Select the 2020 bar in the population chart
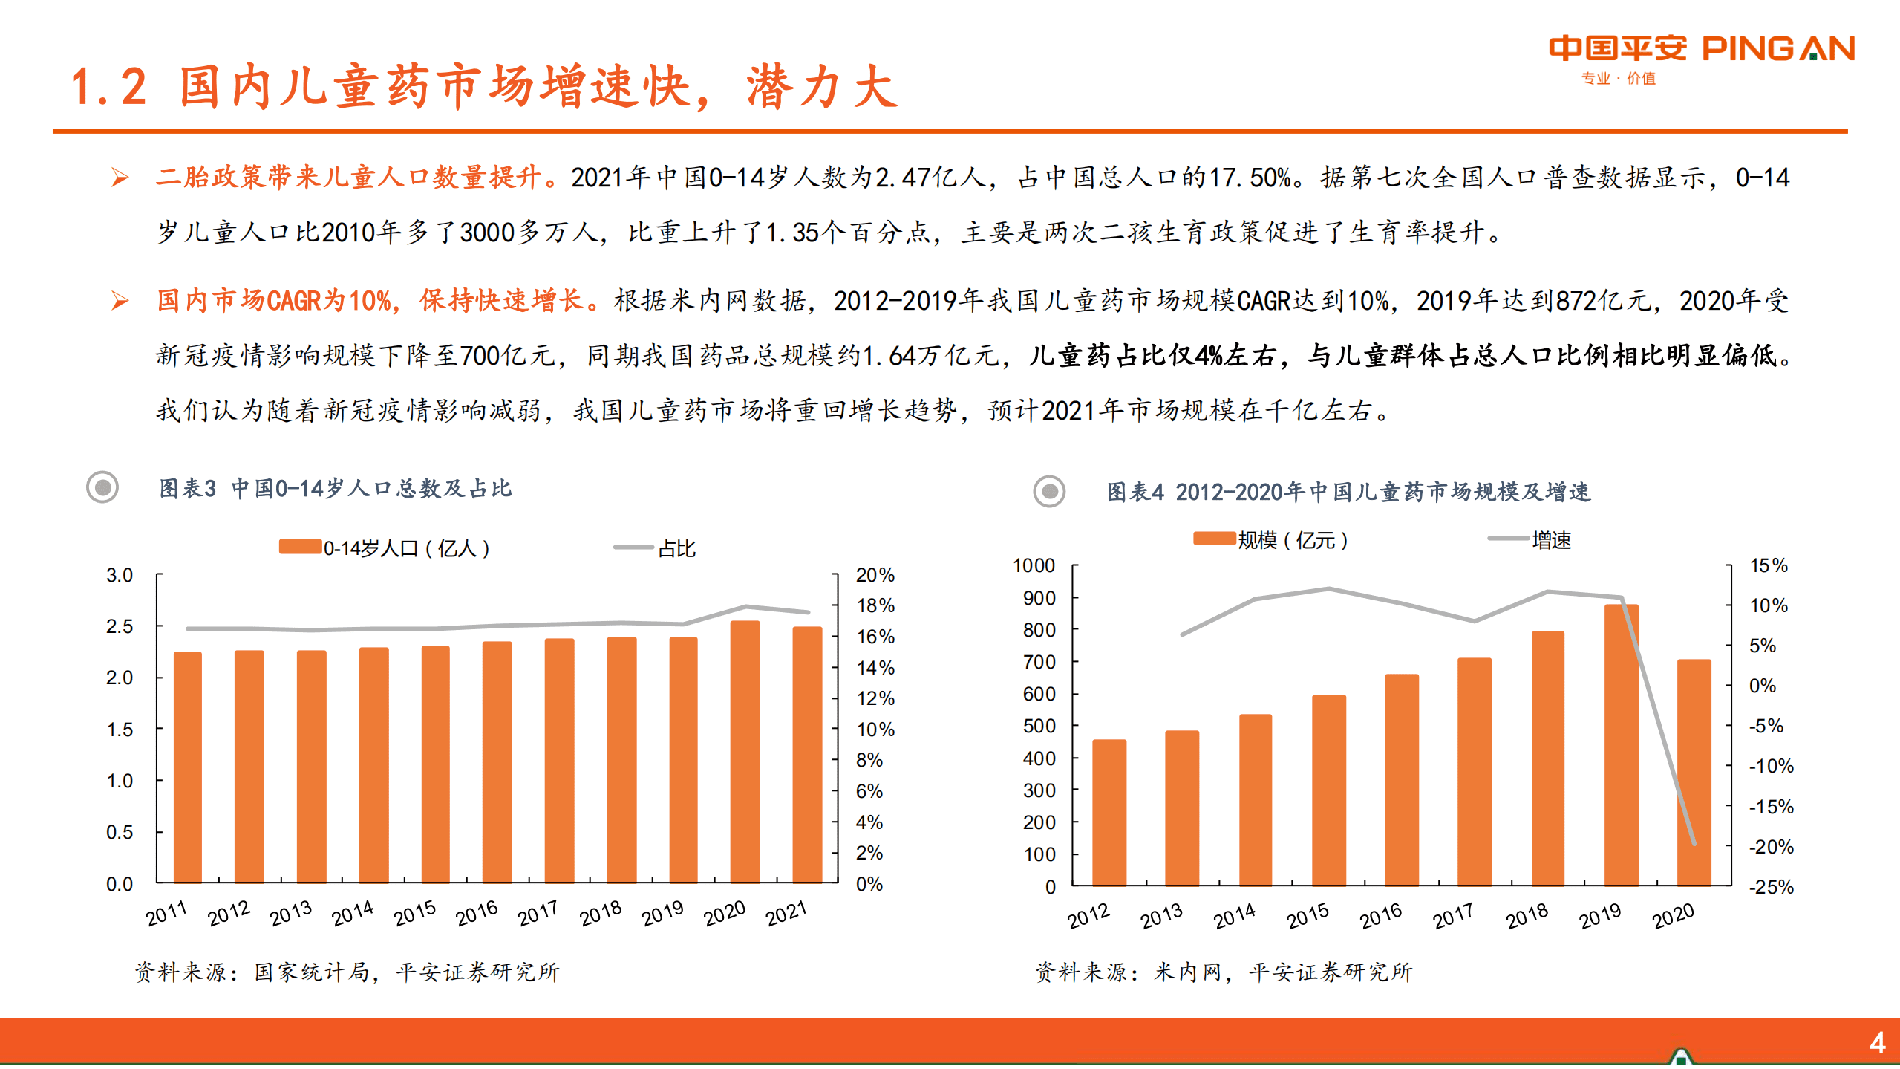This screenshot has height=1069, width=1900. pyautogui.click(x=745, y=751)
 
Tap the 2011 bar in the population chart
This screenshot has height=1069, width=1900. pyautogui.click(x=188, y=767)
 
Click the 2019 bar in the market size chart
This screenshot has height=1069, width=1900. pyautogui.click(x=1621, y=744)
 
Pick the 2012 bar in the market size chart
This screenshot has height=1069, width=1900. pyautogui.click(x=1109, y=812)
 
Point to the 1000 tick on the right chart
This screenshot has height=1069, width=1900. pyautogui.click(x=1034, y=565)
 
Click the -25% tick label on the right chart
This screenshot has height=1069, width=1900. pyautogui.click(x=1771, y=887)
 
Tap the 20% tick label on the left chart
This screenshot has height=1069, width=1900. pyautogui.click(x=875, y=575)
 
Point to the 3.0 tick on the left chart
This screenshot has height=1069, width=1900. pyautogui.click(x=120, y=575)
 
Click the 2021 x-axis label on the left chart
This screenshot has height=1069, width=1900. pyautogui.click(x=786, y=913)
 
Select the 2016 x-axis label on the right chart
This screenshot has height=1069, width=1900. pyautogui.click(x=1380, y=916)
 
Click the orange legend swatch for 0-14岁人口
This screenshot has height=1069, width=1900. pyautogui.click(x=300, y=548)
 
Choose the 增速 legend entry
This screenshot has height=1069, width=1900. pyautogui.click(x=1550, y=540)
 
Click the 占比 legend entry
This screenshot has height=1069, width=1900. pyautogui.click(x=676, y=548)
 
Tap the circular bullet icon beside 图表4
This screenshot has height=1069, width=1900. pyautogui.click(x=1049, y=491)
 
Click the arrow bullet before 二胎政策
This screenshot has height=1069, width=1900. pyautogui.click(x=120, y=178)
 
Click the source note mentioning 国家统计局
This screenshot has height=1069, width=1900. pyautogui.click(x=347, y=972)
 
